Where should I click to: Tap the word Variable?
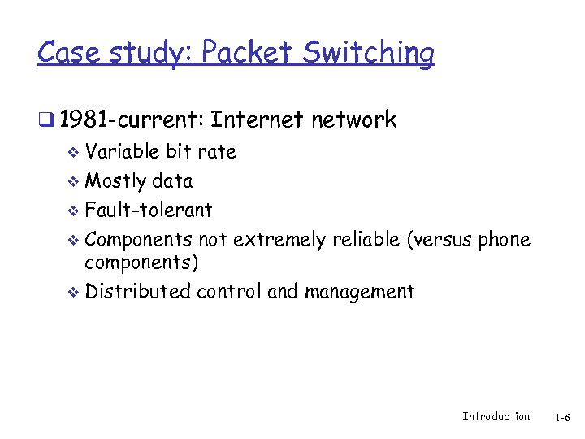coord(122,151)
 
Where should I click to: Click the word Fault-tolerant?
coord(149,210)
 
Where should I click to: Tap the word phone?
coord(503,239)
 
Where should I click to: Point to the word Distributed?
coord(138,291)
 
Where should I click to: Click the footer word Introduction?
coord(496,416)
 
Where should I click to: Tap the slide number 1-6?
coord(562,417)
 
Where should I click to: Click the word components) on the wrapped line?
coord(142,263)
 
